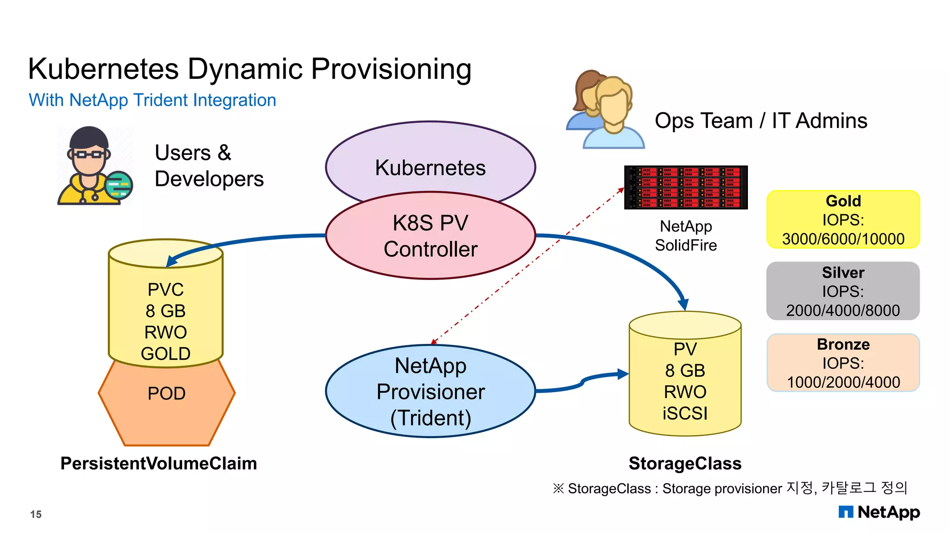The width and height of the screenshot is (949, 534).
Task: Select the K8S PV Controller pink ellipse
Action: tap(430, 236)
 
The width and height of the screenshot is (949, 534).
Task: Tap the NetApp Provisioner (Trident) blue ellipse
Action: tap(430, 392)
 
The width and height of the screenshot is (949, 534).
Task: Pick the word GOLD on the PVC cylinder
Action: tap(165, 354)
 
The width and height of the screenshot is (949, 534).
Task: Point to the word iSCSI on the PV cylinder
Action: tap(685, 413)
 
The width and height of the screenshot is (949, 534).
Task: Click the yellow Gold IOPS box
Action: tap(843, 220)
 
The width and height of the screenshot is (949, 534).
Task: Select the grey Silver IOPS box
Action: tap(843, 291)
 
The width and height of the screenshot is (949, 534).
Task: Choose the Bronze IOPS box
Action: tap(843, 363)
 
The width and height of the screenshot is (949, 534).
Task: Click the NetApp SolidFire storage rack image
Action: tap(686, 187)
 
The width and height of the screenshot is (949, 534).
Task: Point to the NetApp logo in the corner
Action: tap(879, 512)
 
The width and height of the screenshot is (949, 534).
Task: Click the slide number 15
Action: tap(36, 514)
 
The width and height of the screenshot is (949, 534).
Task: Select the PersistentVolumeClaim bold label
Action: tap(158, 464)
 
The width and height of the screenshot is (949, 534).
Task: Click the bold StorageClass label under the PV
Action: tap(685, 464)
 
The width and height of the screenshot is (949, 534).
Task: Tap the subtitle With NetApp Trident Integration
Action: tap(152, 100)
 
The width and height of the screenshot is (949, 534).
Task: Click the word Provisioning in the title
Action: tap(391, 69)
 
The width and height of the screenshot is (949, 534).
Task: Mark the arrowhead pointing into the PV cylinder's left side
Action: tap(624, 374)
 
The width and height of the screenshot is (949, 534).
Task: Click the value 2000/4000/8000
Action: tap(843, 310)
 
